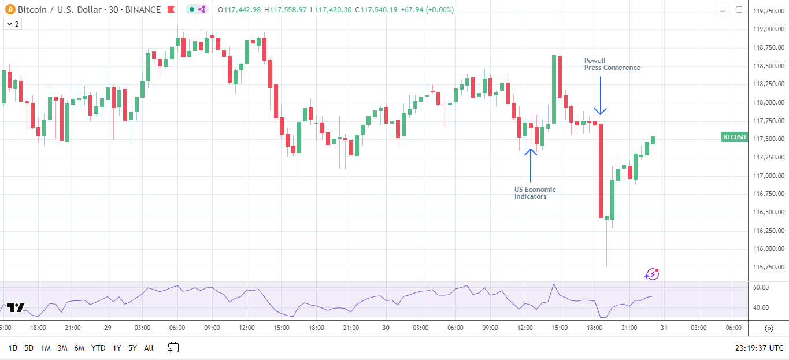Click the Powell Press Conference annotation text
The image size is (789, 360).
[612, 64]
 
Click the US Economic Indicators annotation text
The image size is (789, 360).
[535, 193]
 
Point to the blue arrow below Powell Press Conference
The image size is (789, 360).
[601, 96]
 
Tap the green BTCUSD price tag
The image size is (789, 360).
[734, 138]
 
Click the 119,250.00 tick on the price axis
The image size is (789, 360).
[768, 11]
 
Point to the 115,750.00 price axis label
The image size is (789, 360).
[768, 268]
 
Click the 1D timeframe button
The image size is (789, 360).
[13, 348]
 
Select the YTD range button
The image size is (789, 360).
[98, 348]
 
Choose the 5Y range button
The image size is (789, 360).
[132, 348]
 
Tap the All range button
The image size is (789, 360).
[149, 348]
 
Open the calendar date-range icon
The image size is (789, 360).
[173, 347]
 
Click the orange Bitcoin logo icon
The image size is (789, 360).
[9, 9]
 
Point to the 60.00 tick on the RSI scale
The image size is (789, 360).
[761, 287]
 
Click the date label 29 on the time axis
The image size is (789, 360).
[108, 328]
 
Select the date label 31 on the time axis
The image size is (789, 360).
[664, 328]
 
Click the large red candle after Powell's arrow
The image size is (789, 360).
[601, 170]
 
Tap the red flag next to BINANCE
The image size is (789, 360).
[171, 10]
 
